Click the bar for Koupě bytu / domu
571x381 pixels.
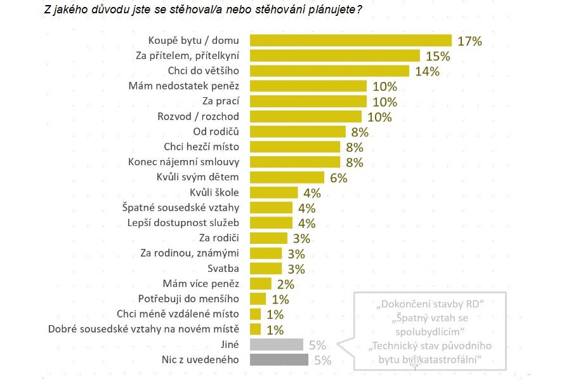pos(350,41)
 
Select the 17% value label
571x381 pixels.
pos(469,41)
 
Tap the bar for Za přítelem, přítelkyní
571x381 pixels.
pos(335,56)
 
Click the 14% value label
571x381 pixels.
pos(427,71)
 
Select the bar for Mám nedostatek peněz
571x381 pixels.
pos(308,86)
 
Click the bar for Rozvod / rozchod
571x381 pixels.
pos(306,117)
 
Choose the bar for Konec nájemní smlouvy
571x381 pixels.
pos(295,162)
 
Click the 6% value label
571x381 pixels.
pos(338,178)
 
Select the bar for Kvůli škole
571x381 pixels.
pos(273,192)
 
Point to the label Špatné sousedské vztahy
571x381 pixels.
pos(180,207)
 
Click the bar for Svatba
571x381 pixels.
pos(266,268)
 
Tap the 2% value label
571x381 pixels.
pos(285,284)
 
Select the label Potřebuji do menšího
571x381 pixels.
pos(188,298)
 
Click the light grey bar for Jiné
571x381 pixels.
pos(277,345)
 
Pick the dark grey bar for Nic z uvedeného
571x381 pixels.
pos(279,360)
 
